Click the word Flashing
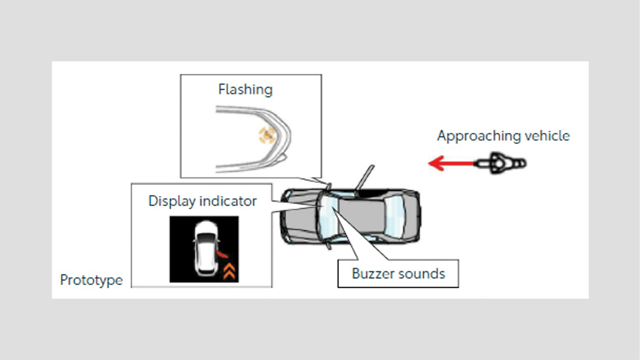coord(245,89)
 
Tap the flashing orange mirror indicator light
coord(266,135)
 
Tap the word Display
coord(172,202)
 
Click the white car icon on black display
coord(204,249)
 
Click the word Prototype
coord(91,280)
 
